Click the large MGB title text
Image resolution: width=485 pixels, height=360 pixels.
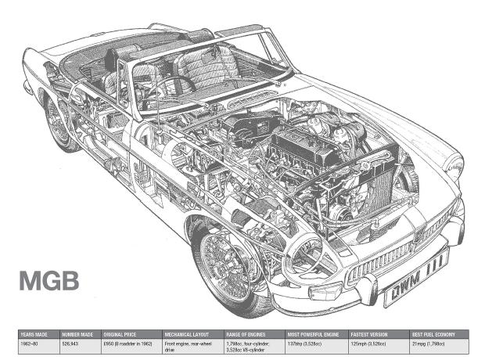click(x=48, y=280)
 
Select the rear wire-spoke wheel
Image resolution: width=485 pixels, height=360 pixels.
click(x=58, y=123)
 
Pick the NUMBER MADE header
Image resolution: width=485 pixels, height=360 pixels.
click(x=78, y=333)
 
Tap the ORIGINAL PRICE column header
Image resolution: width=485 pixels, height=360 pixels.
click(x=122, y=333)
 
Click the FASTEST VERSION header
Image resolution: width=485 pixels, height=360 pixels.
click(x=368, y=333)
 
